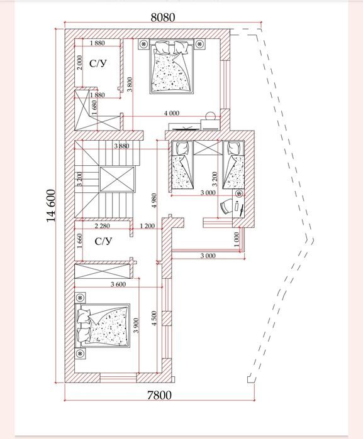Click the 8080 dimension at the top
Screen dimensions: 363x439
[163, 18]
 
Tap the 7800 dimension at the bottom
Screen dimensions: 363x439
[159, 395]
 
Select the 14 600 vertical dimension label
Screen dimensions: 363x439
[51, 206]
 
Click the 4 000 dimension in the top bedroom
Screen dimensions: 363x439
[172, 113]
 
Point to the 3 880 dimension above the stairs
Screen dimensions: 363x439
[122, 146]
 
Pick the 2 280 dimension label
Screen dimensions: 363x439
[102, 225]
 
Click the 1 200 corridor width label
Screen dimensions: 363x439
[147, 225]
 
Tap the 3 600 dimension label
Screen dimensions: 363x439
[118, 285]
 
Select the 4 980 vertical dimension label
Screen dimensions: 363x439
[154, 200]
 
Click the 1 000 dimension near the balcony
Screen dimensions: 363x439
[237, 239]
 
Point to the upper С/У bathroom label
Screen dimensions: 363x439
[98, 63]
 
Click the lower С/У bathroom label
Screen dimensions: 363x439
[103, 241]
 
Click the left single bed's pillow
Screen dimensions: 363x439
[182, 148]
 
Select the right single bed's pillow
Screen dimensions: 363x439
[233, 148]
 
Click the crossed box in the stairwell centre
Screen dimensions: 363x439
[117, 179]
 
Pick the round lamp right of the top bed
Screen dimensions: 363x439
[199, 44]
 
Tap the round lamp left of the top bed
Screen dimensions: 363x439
[143, 44]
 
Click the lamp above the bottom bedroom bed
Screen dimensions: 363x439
[81, 297]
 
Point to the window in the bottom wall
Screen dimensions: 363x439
[118, 377]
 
